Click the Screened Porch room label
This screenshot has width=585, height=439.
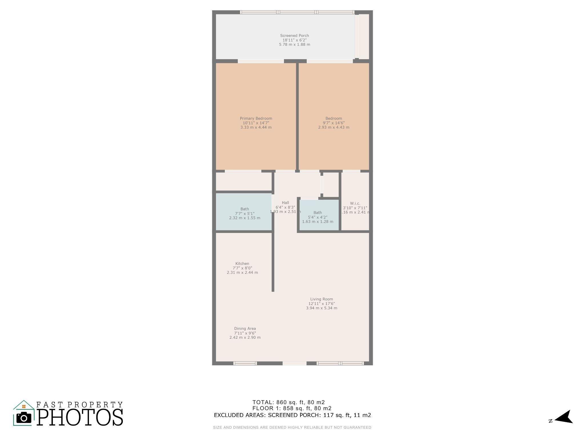(294, 36)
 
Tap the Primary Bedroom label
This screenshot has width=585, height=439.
(256, 118)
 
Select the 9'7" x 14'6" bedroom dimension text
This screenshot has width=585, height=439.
(333, 123)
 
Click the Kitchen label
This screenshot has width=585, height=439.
(242, 264)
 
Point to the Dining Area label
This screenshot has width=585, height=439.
(245, 328)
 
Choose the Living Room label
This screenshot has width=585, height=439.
(321, 299)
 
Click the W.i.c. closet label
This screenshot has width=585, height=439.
(355, 203)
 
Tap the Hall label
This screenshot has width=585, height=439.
(285, 203)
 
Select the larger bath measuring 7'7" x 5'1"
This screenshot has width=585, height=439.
(245, 213)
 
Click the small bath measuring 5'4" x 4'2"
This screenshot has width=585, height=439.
(318, 217)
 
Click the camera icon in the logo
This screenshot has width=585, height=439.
(24, 418)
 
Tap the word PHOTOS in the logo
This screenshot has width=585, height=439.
(80, 418)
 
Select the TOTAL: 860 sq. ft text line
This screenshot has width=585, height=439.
(289, 402)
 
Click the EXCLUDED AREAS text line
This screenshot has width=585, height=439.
(292, 415)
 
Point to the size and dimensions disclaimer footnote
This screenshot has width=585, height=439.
(292, 428)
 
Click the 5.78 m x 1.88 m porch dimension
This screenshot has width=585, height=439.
(294, 45)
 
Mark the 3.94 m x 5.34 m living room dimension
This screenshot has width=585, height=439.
(321, 308)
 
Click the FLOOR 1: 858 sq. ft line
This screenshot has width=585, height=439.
(292, 408)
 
